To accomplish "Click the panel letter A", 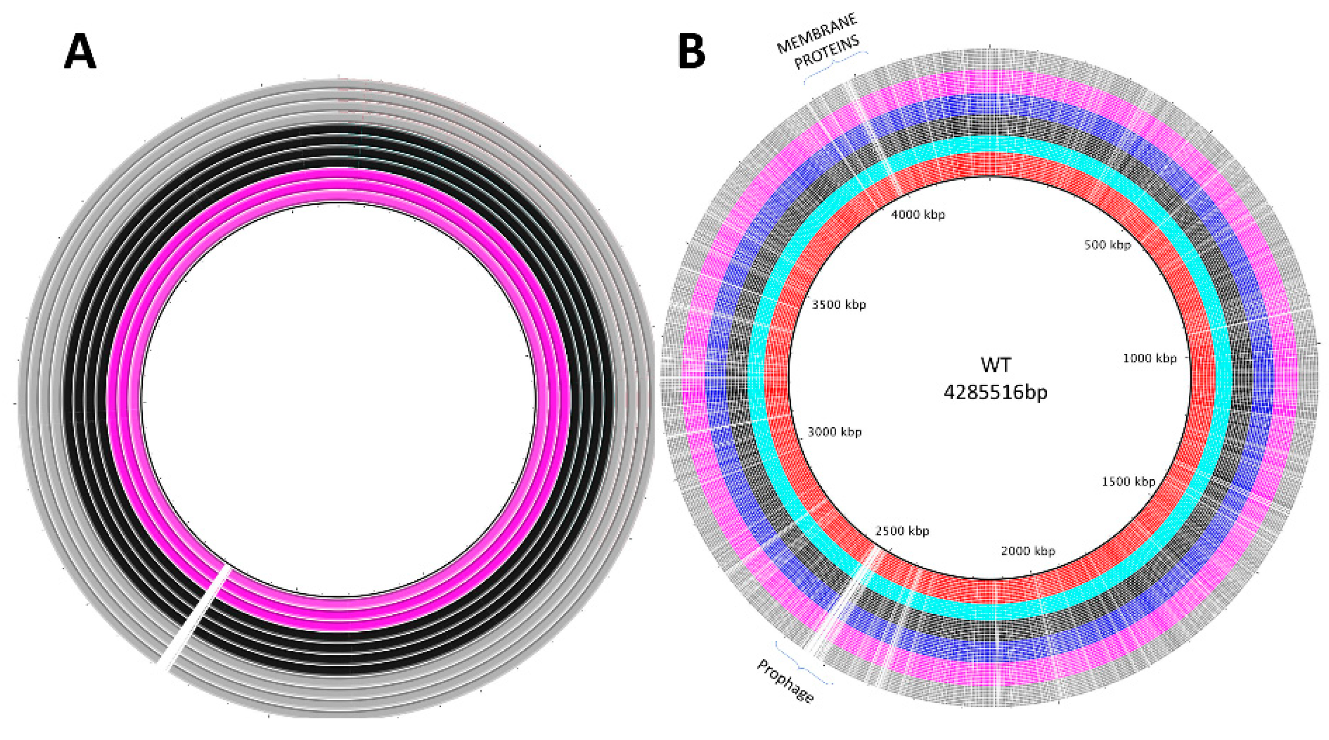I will pos(80,53).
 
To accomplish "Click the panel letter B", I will pos(691,53).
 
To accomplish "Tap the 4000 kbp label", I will pos(918,215).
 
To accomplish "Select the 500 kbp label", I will pos(1107,245).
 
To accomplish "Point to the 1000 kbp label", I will pos(1150,358).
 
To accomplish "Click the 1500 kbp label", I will pos(1128,482).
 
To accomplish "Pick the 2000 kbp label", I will pos(1028,551).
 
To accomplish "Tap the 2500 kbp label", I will pos(902,531).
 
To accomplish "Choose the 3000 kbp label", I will pos(834,432).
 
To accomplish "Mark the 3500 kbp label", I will pos(838,304).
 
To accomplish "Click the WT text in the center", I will pos(995,365).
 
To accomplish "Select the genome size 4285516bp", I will pos(995,393).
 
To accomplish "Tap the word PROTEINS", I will pos(826,52).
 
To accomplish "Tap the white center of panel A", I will pos(339,400).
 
